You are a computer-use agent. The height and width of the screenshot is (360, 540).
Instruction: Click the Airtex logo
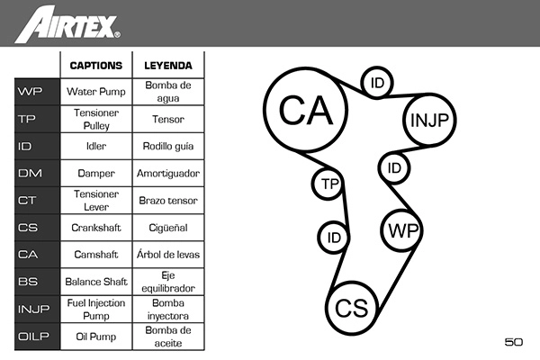click(x=67, y=24)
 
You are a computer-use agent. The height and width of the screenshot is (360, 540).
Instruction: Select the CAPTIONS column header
click(x=96, y=66)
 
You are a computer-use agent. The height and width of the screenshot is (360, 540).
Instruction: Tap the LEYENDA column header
click(x=168, y=66)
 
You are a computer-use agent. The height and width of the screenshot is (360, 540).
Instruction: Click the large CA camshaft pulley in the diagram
click(x=305, y=110)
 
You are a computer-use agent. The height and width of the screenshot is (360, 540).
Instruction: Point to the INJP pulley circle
click(x=429, y=121)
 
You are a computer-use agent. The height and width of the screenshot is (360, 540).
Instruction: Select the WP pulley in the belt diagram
click(x=402, y=230)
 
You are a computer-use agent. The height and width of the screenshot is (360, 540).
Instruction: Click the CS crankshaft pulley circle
click(x=352, y=308)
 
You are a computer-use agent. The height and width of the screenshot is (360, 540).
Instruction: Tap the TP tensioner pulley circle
click(x=328, y=184)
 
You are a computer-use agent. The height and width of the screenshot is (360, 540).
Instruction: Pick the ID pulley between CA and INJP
click(x=377, y=83)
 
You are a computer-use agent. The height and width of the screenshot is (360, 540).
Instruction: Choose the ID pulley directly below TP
click(x=334, y=238)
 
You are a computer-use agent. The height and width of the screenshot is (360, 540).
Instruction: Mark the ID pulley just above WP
click(x=394, y=168)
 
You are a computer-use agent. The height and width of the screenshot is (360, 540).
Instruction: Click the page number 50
click(x=514, y=342)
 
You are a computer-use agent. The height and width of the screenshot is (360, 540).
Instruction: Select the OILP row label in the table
click(x=33, y=337)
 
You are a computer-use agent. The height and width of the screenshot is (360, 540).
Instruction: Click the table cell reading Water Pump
click(x=96, y=92)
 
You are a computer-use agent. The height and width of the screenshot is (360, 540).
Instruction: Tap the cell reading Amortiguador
click(x=168, y=173)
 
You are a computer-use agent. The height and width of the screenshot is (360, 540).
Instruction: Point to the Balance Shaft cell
click(x=96, y=282)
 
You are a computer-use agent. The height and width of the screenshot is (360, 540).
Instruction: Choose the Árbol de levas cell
click(x=168, y=255)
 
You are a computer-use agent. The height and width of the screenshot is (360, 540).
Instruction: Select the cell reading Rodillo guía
click(x=168, y=146)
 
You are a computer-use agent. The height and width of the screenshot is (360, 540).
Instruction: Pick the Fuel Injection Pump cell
click(x=96, y=309)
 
